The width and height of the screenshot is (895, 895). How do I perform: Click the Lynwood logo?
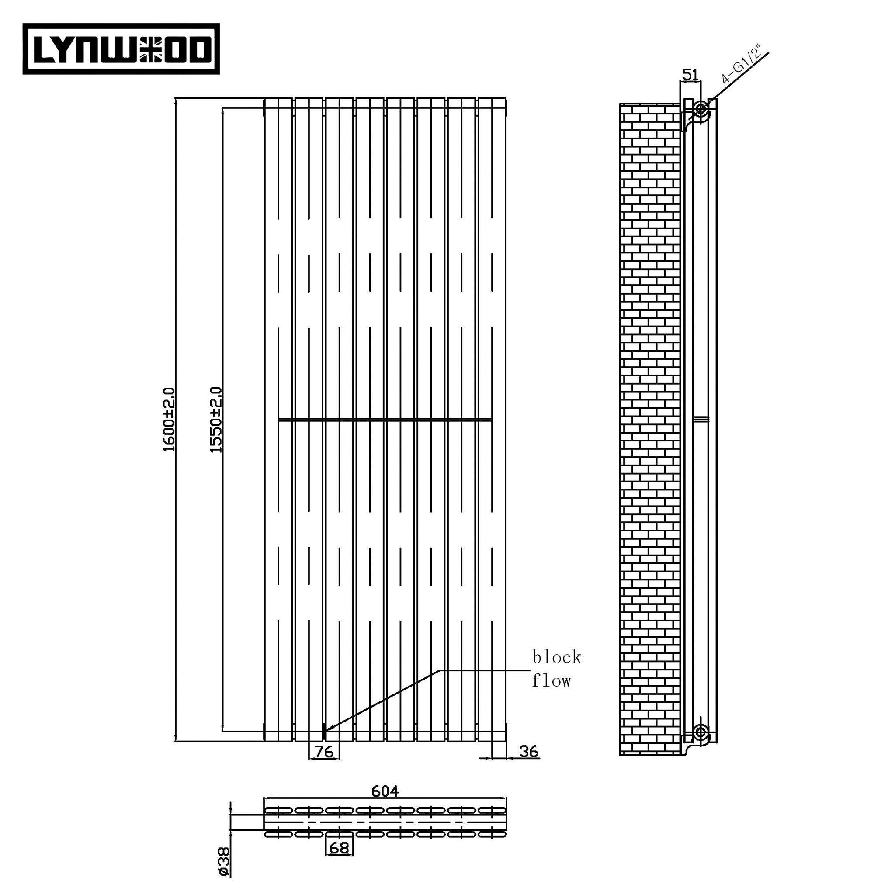click(x=121, y=49)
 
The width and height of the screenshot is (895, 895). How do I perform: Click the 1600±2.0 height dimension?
click(x=170, y=420)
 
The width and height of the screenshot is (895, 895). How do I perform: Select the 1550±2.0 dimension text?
click(x=216, y=420)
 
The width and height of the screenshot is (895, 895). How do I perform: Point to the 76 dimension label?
click(x=324, y=751)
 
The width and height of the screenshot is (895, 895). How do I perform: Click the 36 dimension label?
click(x=529, y=751)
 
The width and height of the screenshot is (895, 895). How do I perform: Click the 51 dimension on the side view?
click(x=690, y=74)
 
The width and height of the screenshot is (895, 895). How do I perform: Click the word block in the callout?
click(x=556, y=657)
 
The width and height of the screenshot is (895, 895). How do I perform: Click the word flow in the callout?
click(x=551, y=680)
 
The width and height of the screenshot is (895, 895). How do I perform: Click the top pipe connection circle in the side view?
click(x=701, y=109)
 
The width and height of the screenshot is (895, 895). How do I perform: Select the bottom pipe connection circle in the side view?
click(x=701, y=733)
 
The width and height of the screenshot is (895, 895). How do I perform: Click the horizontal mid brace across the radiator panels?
click(x=385, y=420)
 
